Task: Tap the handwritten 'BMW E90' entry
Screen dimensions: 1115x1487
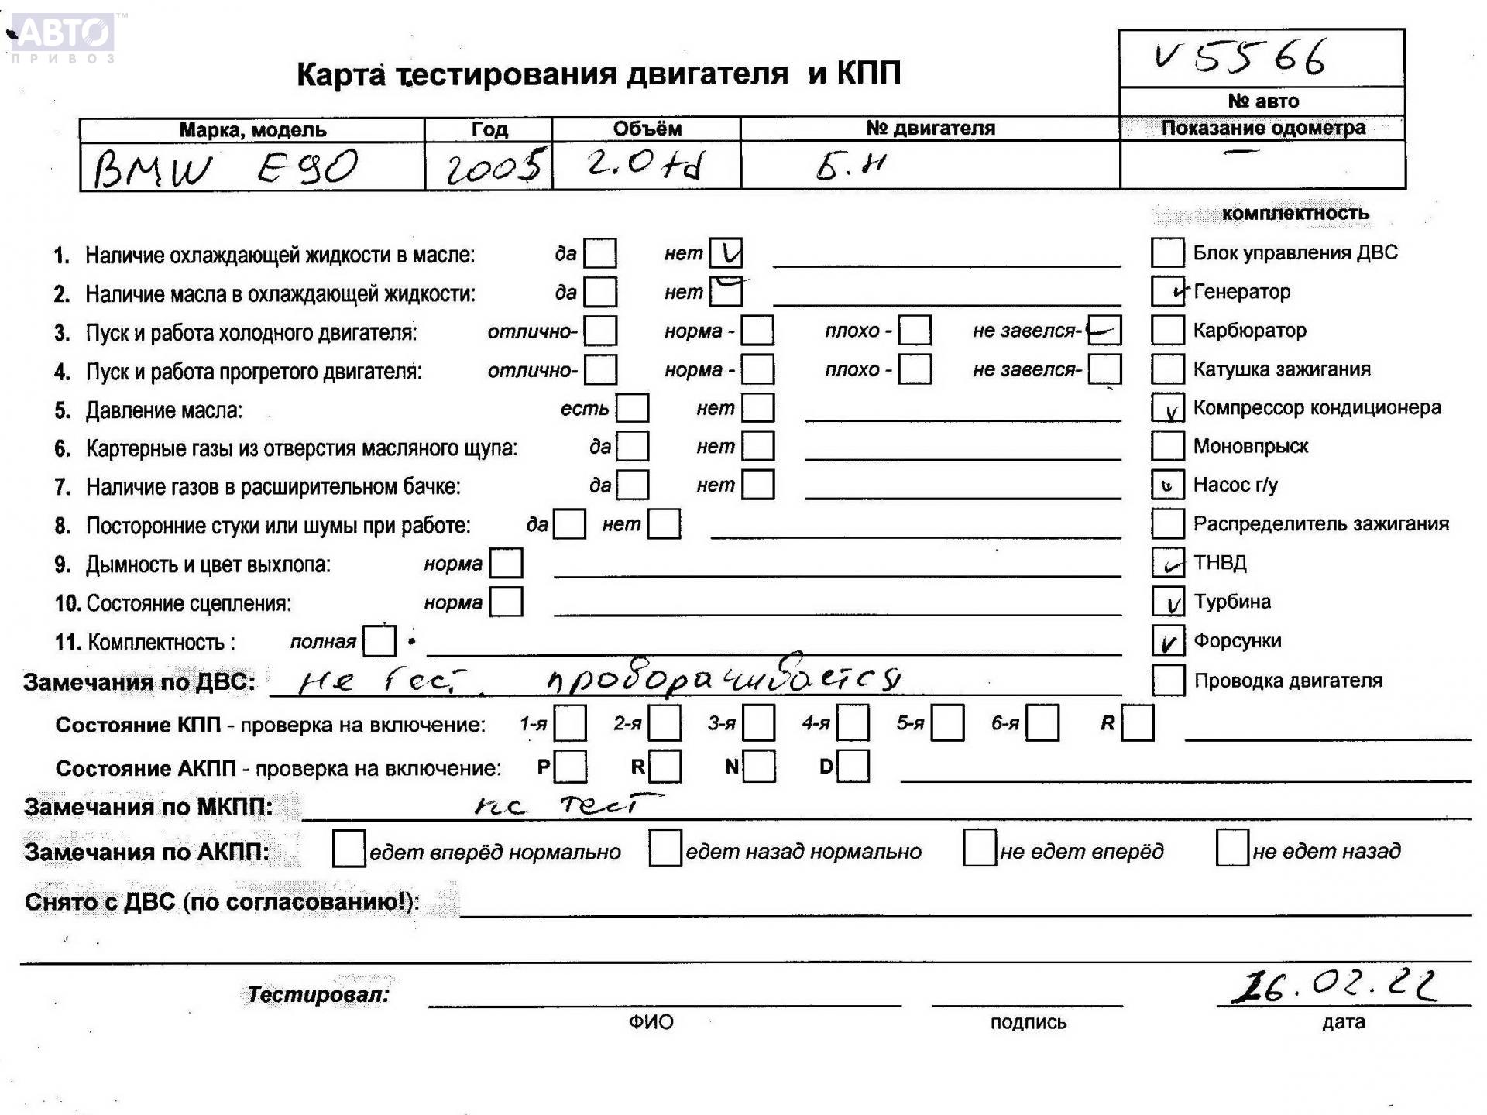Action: (x=225, y=168)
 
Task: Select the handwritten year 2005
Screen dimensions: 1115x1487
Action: (x=493, y=166)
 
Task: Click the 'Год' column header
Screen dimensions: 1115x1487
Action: (x=489, y=129)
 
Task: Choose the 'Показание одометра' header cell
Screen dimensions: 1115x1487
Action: (x=1262, y=128)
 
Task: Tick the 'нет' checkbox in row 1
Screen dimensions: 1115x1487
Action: (x=726, y=253)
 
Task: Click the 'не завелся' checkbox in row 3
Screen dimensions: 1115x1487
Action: (x=1104, y=331)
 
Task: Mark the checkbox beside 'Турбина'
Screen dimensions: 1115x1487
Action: (x=1168, y=602)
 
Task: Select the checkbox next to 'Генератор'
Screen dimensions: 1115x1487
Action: (x=1168, y=291)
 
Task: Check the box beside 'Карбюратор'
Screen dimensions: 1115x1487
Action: (x=1168, y=330)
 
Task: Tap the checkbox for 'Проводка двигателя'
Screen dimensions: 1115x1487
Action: (x=1168, y=681)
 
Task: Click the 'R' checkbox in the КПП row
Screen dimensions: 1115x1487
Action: (x=1138, y=723)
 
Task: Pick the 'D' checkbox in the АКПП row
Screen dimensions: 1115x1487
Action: (x=853, y=767)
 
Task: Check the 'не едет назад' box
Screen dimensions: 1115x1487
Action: (x=1232, y=848)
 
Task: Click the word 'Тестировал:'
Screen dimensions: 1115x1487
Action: (x=318, y=994)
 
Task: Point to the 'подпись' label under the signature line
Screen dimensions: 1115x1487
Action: (x=1028, y=1023)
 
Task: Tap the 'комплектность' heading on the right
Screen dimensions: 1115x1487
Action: (x=1295, y=214)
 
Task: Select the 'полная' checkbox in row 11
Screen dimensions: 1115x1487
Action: (x=379, y=641)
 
